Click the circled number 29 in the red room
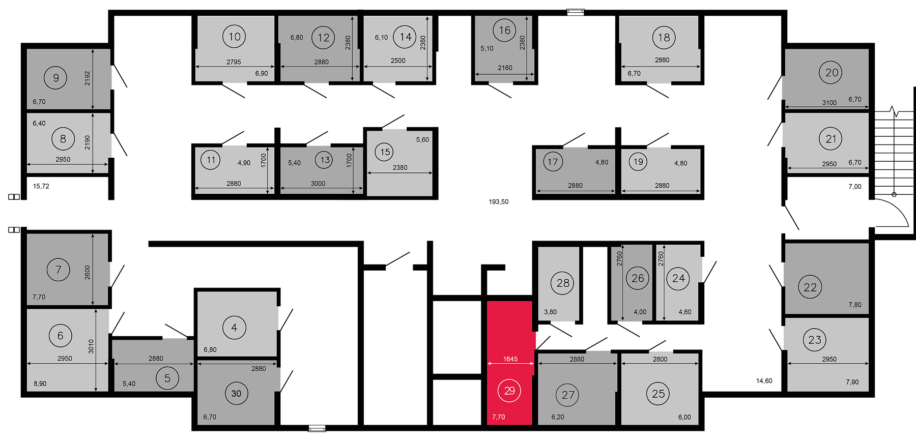pyautogui.click(x=509, y=391)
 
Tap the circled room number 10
pyautogui.click(x=234, y=37)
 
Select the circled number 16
pyautogui.click(x=504, y=31)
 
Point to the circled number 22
pyautogui.click(x=810, y=287)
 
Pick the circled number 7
pyautogui.click(x=58, y=270)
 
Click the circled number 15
pyautogui.click(x=385, y=152)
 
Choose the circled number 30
pyautogui.click(x=236, y=393)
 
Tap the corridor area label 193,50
pyautogui.click(x=499, y=202)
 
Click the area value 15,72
pyautogui.click(x=41, y=186)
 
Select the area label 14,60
pyautogui.click(x=764, y=380)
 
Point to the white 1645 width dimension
pyautogui.click(x=510, y=359)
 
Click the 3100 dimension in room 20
pyautogui.click(x=829, y=103)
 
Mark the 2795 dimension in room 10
pyautogui.click(x=234, y=62)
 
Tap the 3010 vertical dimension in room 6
pyautogui.click(x=91, y=346)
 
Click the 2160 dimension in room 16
pyautogui.click(x=505, y=68)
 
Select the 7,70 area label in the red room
pyautogui.click(x=498, y=417)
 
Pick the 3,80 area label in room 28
pyautogui.click(x=550, y=312)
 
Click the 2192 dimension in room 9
pyautogui.click(x=88, y=78)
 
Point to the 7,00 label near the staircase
pyautogui.click(x=855, y=187)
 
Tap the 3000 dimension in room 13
pyautogui.click(x=318, y=184)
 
